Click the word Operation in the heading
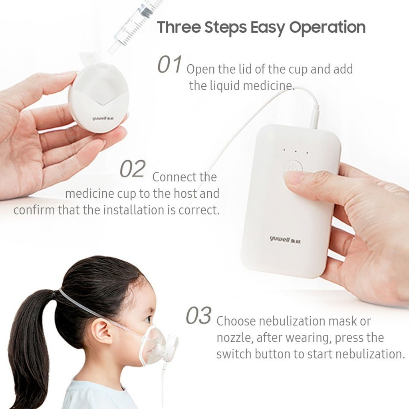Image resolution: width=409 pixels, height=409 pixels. pyautogui.click(x=328, y=28)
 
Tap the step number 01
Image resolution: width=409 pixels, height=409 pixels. pyautogui.click(x=169, y=64)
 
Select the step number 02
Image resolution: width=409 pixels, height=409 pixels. pyautogui.click(x=133, y=169)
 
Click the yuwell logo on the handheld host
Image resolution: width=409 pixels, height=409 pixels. pyautogui.click(x=285, y=239)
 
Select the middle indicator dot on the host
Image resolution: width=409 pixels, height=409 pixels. pyautogui.click(x=296, y=151)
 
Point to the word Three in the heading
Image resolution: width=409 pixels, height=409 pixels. pyautogui.click(x=179, y=28)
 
